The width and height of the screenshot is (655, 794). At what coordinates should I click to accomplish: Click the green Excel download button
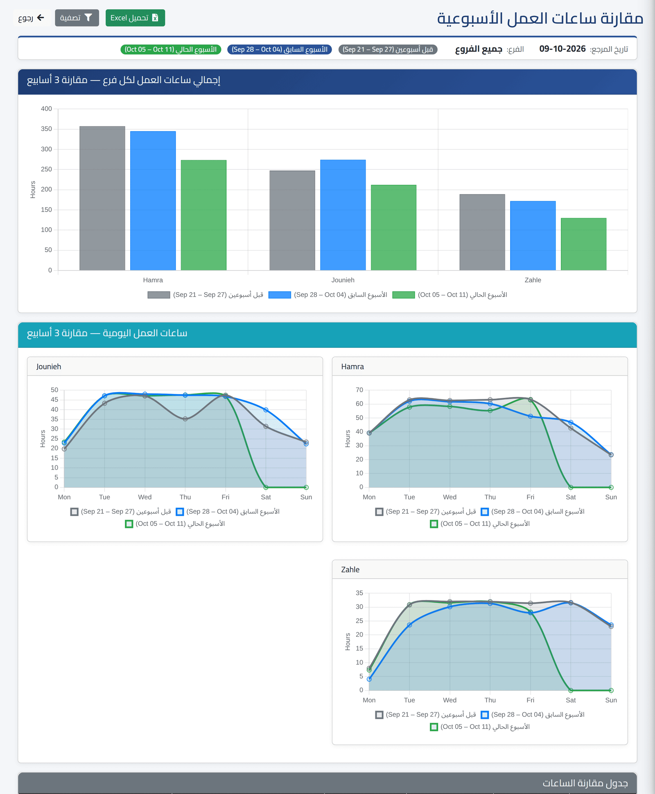click(135, 18)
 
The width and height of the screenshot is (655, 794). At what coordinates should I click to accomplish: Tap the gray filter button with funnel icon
click(77, 18)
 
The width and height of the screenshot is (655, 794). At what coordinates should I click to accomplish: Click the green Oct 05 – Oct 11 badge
click(171, 50)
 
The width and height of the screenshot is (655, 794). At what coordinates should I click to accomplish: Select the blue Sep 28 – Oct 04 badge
click(280, 50)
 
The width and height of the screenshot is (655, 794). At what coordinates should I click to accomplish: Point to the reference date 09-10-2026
click(562, 49)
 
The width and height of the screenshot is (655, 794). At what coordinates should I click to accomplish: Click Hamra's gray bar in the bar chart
click(102, 198)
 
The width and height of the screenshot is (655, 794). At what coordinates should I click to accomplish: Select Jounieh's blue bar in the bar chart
click(343, 215)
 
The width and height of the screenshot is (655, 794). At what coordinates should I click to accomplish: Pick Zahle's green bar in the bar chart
click(583, 244)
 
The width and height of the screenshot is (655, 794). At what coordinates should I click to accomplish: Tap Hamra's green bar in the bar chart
click(203, 215)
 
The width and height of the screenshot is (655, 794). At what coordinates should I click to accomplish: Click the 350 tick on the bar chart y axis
click(47, 129)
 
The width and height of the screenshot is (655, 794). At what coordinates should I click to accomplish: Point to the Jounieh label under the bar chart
click(343, 280)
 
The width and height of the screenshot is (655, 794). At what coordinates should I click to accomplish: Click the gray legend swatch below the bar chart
click(159, 295)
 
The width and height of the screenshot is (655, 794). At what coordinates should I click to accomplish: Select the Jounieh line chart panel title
click(49, 367)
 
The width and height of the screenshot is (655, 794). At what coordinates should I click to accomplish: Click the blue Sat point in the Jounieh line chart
click(266, 410)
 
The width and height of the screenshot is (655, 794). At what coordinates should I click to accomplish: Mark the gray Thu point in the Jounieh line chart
click(185, 419)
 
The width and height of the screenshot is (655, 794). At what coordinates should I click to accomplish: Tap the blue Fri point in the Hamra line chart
click(531, 416)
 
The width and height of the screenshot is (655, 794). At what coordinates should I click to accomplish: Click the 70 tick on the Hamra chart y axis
click(359, 390)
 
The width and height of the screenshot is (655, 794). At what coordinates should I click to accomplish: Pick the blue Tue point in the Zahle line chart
click(409, 625)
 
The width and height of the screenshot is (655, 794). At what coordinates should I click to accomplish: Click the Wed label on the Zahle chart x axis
click(450, 700)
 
